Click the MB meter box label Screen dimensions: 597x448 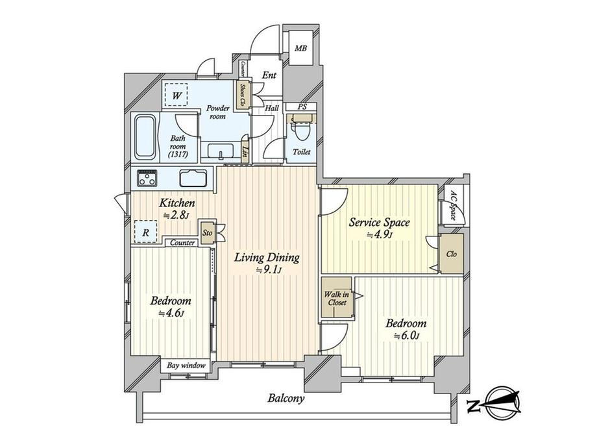[x=301, y=49]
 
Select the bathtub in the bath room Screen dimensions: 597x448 [x=145, y=137]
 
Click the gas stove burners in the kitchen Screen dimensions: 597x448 [x=147, y=178]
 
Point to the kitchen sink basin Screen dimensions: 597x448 [x=193, y=178]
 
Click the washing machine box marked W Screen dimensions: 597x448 [x=177, y=95]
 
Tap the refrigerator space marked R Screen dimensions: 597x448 [x=145, y=232]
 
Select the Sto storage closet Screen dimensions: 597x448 [x=208, y=232]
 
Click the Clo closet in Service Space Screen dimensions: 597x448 [x=452, y=253]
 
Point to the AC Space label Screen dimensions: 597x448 [x=453, y=205]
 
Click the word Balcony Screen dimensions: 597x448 [x=286, y=399]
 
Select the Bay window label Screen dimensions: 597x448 [x=186, y=366]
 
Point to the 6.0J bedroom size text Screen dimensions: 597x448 [x=406, y=336]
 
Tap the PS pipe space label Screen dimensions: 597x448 [x=302, y=107]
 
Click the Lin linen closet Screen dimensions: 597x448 [x=245, y=153]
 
